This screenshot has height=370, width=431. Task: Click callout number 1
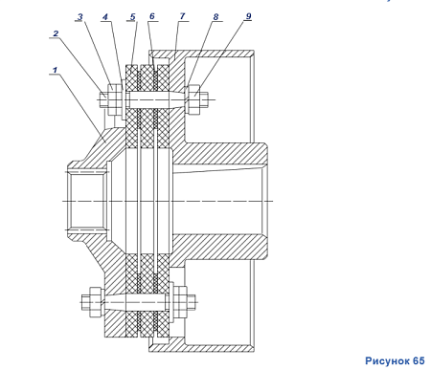point(55,70)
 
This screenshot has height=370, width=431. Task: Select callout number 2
point(56,33)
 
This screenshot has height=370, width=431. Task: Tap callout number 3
point(80,17)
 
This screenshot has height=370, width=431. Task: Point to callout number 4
point(105,17)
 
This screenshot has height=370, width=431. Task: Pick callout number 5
point(133,16)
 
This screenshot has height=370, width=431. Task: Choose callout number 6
point(152,16)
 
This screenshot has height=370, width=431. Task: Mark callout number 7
point(182,16)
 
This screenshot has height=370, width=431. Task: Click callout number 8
point(215,16)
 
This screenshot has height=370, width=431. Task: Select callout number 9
point(248,16)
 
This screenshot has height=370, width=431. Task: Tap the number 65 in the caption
point(419,361)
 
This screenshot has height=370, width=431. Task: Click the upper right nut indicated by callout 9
point(194,99)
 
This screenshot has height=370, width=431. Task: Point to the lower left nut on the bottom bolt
point(96,302)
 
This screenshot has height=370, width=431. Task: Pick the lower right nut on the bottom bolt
point(180,302)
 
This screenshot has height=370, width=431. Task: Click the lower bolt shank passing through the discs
point(135,302)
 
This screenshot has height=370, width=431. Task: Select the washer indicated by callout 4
point(124,99)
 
